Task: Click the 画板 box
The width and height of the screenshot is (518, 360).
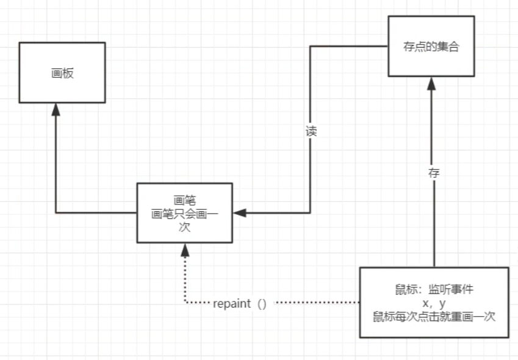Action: (62, 73)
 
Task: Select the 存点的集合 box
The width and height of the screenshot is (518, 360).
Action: (431, 46)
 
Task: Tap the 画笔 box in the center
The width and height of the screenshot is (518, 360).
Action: (184, 212)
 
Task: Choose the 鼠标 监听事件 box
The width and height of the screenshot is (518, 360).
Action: (434, 302)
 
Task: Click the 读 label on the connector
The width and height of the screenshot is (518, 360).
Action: (311, 131)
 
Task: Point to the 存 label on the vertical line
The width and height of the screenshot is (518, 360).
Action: (434, 173)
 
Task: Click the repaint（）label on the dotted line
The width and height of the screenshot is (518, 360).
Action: (240, 303)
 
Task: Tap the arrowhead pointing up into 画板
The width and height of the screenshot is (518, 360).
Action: (56, 109)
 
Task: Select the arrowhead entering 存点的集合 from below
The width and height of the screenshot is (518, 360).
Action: (434, 83)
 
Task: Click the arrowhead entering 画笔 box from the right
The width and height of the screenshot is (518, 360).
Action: (239, 213)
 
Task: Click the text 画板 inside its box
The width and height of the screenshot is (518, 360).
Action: (62, 73)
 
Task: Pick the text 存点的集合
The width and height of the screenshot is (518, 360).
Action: (431, 46)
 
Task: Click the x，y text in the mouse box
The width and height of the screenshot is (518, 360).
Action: (434, 303)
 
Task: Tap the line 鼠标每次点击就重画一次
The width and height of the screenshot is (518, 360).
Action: (434, 317)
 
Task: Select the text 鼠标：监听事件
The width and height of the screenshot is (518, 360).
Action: (434, 290)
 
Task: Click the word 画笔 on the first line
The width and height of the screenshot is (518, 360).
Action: (184, 200)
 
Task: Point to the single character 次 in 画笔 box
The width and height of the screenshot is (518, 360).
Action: (184, 227)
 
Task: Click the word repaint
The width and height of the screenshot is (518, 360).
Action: (231, 303)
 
